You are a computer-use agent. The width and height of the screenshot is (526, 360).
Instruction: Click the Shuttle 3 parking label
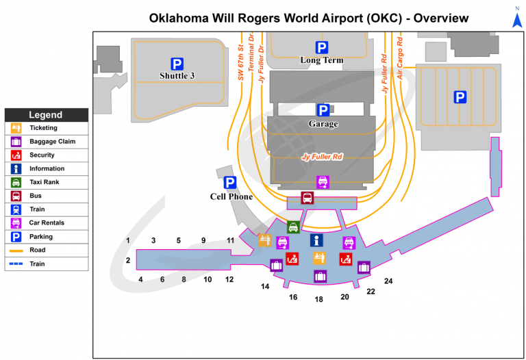177,76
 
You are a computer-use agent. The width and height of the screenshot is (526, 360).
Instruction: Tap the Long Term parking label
322,60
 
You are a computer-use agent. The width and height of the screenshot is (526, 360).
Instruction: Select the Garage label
323,124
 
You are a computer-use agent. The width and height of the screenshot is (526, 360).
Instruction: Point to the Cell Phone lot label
231,196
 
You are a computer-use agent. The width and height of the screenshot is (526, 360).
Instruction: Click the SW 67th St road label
241,63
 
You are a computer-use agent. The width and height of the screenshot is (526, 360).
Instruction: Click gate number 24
388,281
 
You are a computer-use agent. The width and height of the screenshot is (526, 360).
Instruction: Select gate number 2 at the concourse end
128,260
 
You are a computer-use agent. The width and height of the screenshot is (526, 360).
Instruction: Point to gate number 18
319,299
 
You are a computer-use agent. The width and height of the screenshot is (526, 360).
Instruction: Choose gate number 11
231,240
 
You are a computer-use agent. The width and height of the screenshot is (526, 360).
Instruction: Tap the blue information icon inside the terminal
316,240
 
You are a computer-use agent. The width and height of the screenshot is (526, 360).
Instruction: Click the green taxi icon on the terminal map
293,227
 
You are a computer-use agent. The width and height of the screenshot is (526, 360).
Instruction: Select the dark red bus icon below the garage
308,198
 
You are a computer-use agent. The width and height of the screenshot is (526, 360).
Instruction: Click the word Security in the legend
42,155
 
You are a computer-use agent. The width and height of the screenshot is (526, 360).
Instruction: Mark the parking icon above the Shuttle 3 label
177,64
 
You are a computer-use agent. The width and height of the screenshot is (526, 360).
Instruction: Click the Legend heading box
46,115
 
